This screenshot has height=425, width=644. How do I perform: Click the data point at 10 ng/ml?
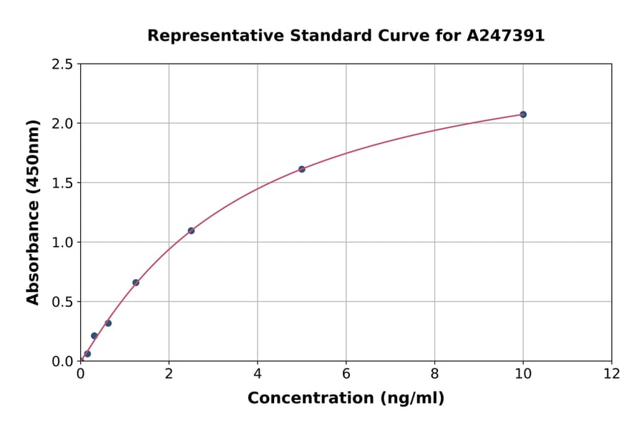pos(523,114)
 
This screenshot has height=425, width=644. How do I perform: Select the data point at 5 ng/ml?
pos(302,169)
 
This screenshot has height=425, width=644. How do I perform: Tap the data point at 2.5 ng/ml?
pos(191,230)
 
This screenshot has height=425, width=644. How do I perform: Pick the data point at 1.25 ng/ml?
pos(136,283)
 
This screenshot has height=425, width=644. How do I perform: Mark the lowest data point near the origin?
pos(87,353)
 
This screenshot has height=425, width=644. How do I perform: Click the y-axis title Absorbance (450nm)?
pos(33,212)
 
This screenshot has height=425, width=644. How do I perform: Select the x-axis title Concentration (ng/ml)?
pos(346,398)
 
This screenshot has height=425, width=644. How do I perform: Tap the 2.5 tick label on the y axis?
pos(62,64)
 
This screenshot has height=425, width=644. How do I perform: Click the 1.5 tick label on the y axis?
pos(62,183)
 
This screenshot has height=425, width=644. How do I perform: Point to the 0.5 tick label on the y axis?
pos(62,302)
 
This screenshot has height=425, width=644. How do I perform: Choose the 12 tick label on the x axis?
pos(611,373)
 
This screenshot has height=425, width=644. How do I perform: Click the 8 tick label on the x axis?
pos(434,373)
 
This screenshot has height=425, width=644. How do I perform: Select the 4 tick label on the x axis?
pos(258,373)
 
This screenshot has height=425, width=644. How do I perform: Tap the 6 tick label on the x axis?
pos(346,373)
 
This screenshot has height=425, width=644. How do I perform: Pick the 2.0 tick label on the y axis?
pos(62,124)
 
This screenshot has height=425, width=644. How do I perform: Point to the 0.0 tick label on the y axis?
pos(62,361)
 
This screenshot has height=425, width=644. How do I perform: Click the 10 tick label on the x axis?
pos(523,373)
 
